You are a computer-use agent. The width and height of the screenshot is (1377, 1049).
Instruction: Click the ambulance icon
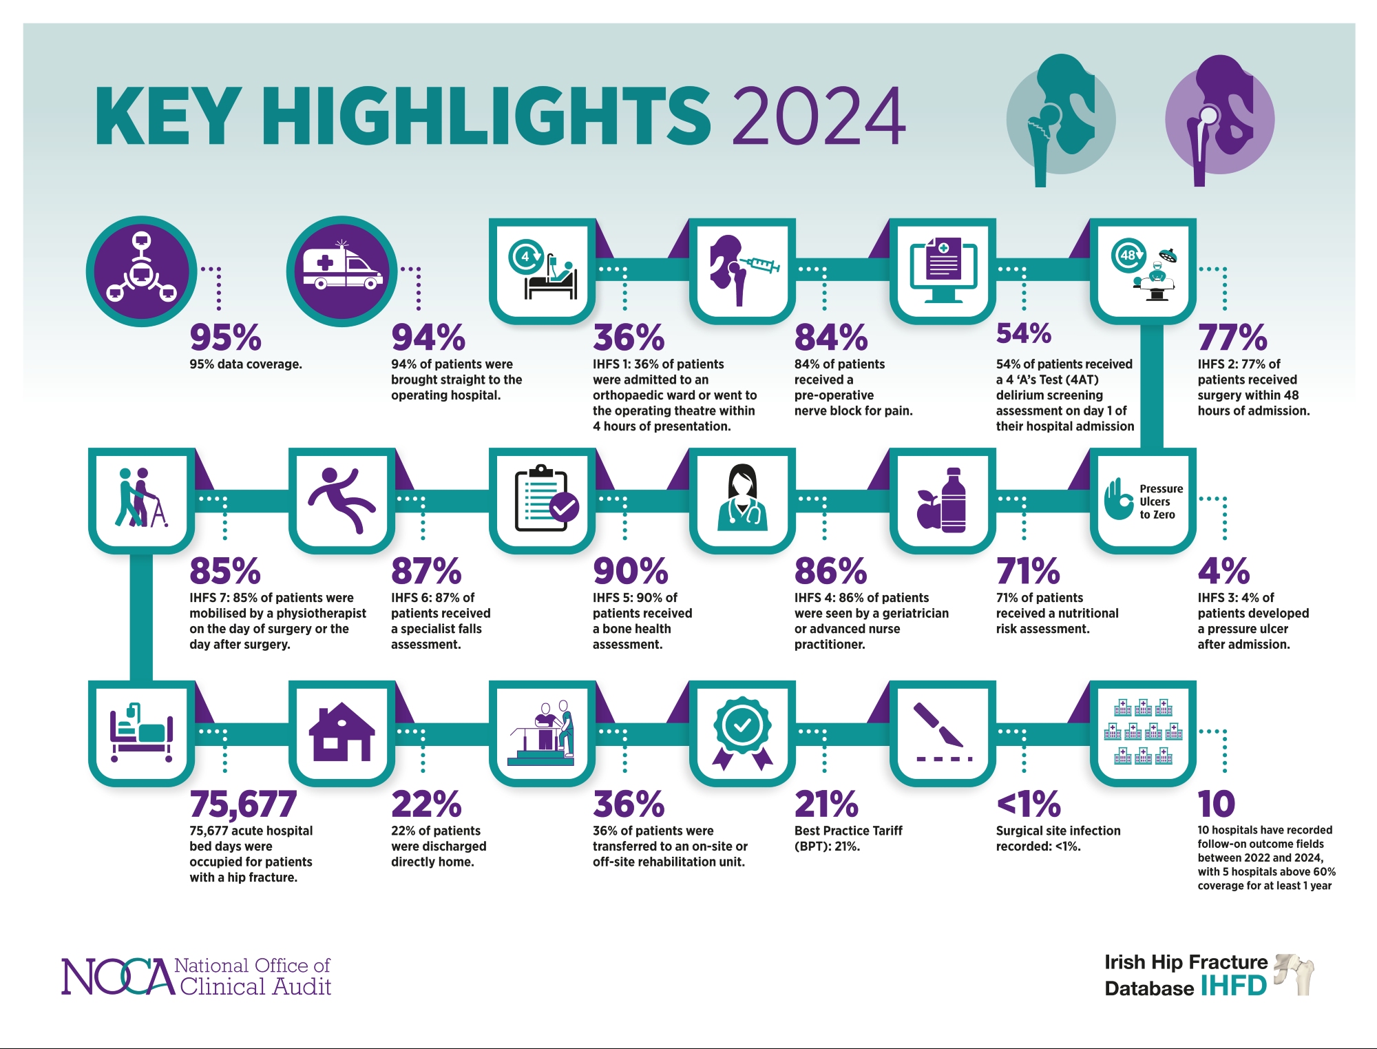point(342,270)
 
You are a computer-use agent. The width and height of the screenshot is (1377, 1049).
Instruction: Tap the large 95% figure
point(225,337)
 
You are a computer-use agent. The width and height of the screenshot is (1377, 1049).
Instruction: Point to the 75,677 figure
point(243,804)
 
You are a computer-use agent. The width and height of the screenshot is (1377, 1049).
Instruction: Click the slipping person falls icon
point(341,500)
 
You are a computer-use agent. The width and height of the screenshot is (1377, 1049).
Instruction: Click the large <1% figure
point(1028,804)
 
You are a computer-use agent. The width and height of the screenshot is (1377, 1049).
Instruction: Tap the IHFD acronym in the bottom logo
point(1233,986)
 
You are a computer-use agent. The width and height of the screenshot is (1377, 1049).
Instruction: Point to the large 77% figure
point(1232,337)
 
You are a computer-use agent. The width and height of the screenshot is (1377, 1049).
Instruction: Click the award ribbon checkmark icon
point(742,733)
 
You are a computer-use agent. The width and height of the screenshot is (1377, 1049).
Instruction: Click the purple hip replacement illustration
point(1219,121)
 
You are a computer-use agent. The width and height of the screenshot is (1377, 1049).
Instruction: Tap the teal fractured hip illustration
point(1060,121)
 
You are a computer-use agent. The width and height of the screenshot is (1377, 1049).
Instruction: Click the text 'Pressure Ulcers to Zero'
point(1160,501)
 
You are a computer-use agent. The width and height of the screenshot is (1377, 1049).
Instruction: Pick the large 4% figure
point(1223,571)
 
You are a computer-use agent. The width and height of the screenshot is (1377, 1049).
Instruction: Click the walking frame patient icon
point(142,498)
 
